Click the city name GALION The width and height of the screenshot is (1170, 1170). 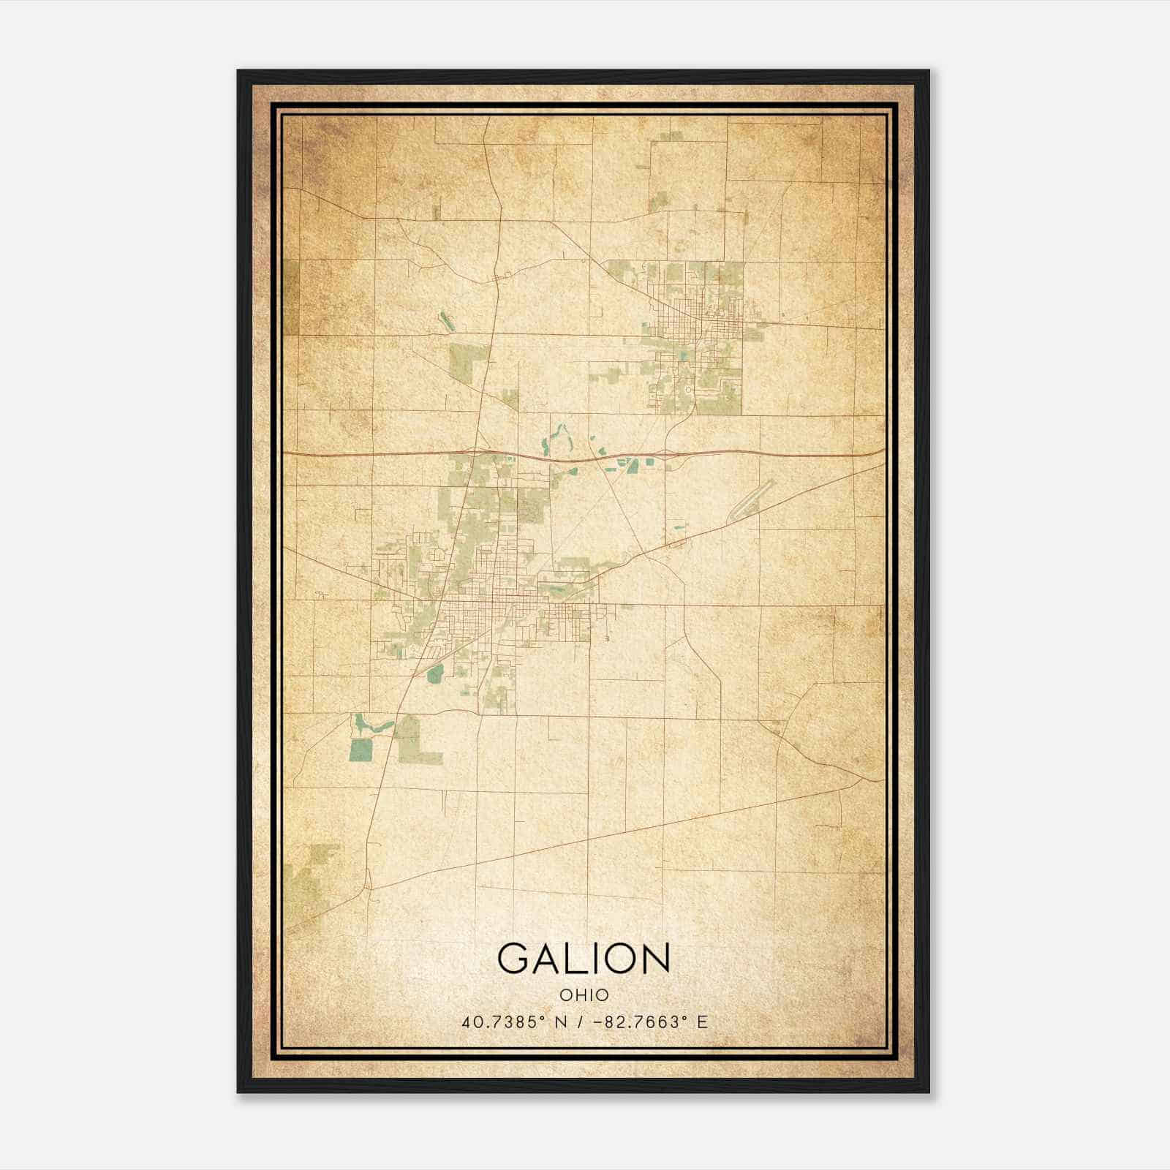(x=584, y=958)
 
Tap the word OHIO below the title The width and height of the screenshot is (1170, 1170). (x=584, y=995)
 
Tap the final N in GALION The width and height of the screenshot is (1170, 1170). (x=653, y=958)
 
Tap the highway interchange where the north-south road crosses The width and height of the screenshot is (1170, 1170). (x=475, y=454)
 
